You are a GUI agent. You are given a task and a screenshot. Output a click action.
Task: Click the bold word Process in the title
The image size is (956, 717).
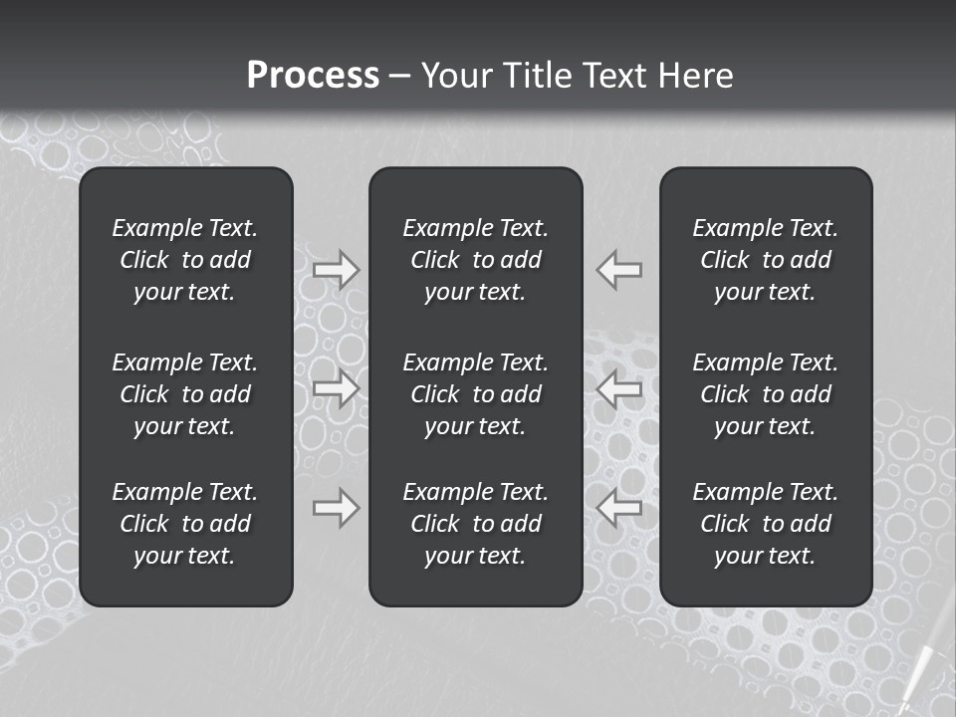pos(313,76)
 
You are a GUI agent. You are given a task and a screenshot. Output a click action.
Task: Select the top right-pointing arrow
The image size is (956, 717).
pos(337,270)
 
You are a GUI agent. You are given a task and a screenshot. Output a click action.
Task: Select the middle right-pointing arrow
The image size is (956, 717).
pos(337,388)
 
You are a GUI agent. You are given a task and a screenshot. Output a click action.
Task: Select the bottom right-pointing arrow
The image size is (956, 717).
pos(337,508)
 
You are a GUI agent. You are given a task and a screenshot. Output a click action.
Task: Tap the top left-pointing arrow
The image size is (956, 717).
pos(619,270)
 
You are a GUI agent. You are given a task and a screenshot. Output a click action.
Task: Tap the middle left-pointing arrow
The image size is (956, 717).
pos(619,388)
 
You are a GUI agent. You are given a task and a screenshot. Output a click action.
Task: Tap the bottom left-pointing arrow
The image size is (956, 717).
pos(619,508)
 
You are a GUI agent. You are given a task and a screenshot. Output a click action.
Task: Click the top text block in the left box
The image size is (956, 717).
pos(185,260)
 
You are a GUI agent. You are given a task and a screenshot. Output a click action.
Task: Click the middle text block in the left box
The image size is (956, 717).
pos(185,394)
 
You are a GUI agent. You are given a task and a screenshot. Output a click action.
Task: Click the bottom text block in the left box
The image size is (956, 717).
pos(185,524)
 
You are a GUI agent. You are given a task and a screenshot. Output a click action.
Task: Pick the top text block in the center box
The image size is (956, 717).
pos(476,260)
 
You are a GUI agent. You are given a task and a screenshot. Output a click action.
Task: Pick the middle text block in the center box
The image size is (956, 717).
pos(476,394)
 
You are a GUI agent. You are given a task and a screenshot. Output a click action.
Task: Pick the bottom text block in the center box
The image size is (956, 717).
pos(476,524)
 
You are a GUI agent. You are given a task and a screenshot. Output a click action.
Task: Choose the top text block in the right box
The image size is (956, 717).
pos(766,260)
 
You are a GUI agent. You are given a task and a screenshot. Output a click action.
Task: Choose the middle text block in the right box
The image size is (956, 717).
pos(766,394)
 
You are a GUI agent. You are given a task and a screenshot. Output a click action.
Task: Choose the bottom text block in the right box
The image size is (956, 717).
pos(766,524)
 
